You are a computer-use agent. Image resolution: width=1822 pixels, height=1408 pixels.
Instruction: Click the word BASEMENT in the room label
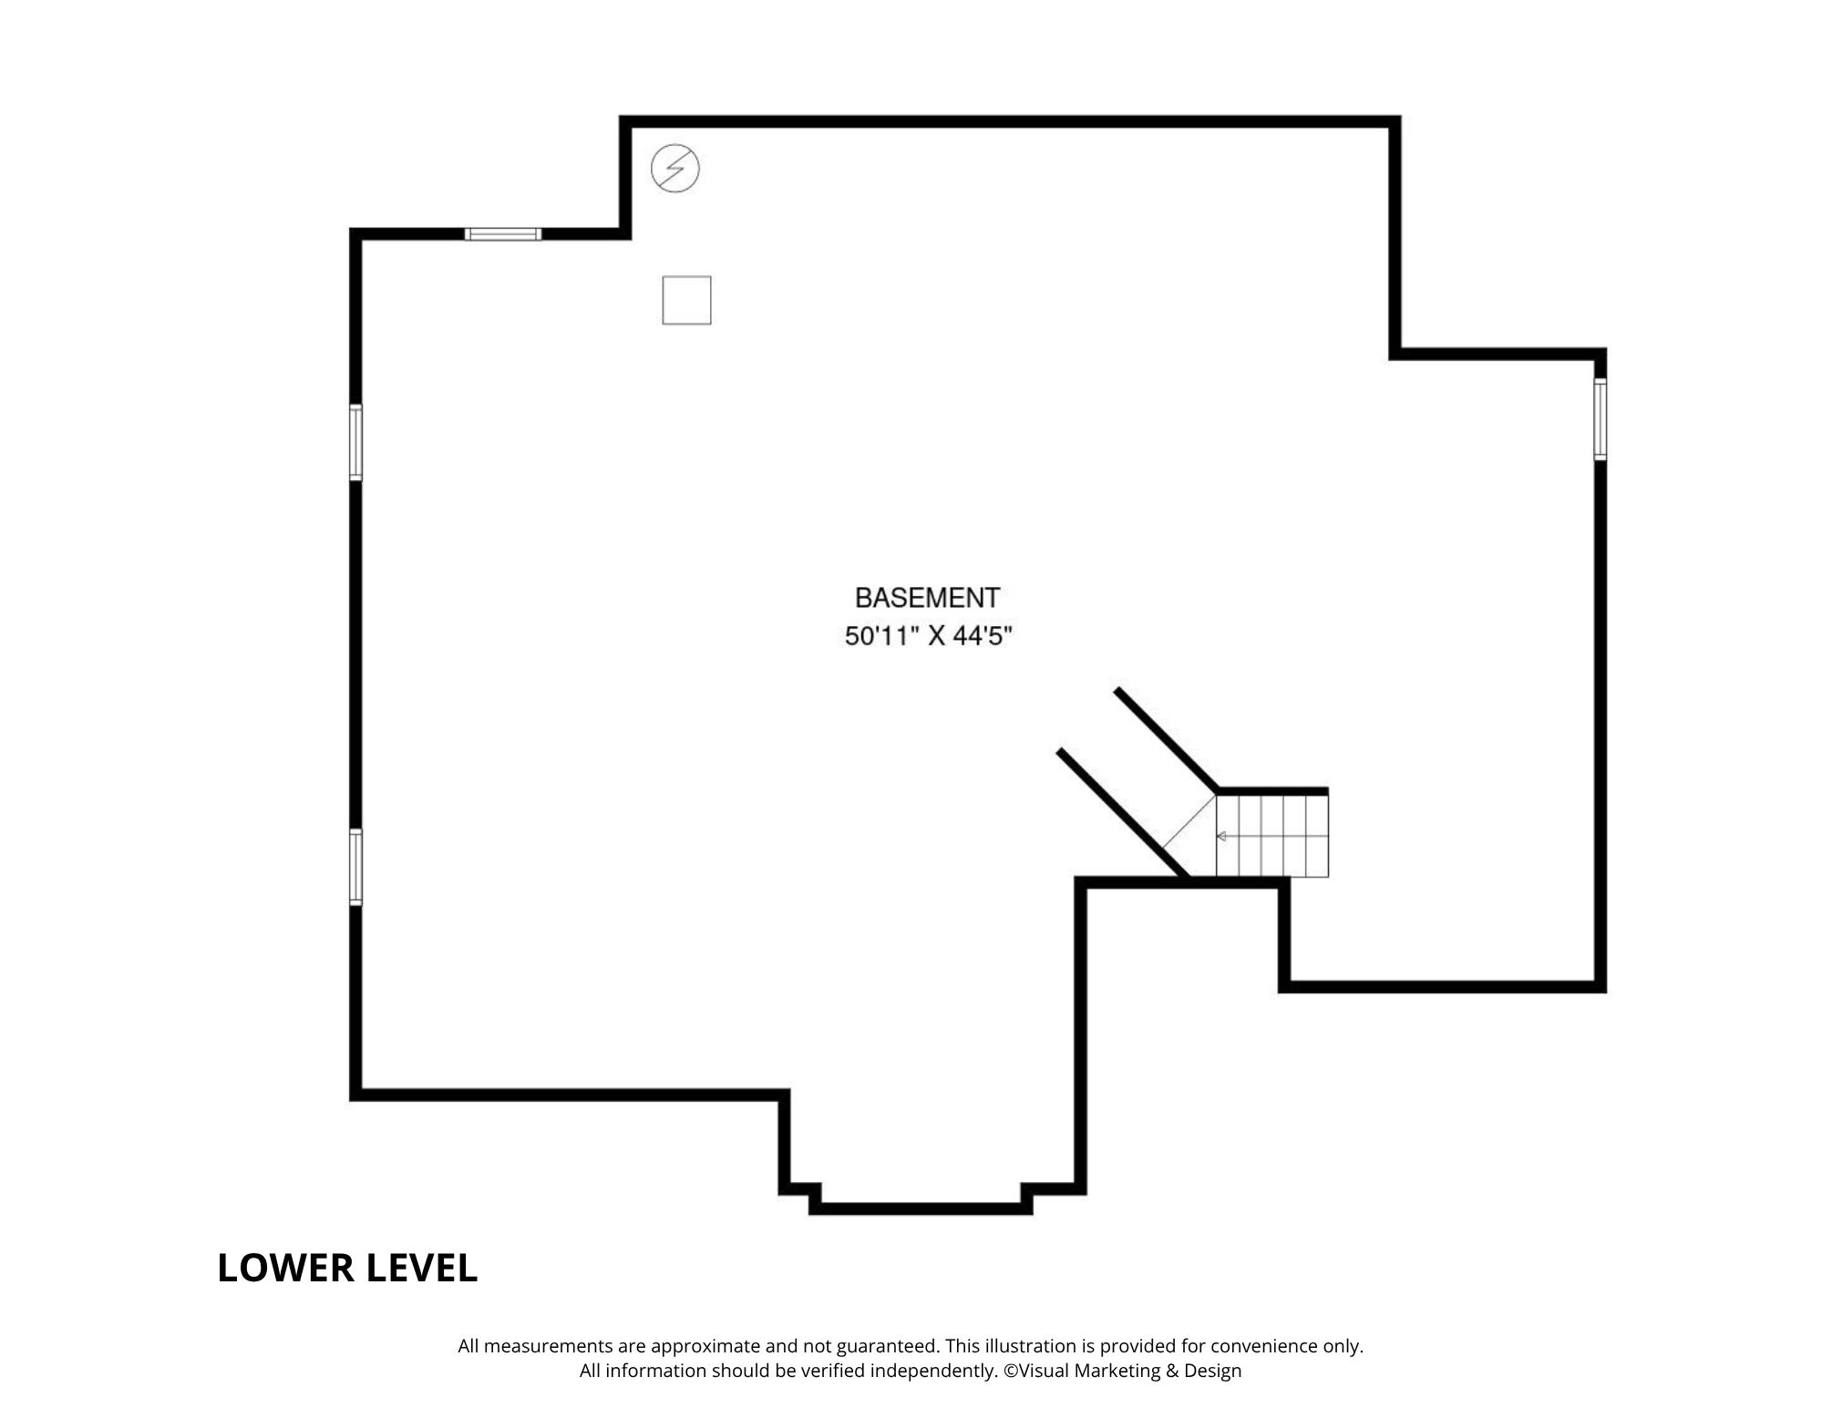tap(927, 598)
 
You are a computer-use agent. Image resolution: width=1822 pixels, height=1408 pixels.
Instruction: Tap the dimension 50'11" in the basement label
tap(879, 636)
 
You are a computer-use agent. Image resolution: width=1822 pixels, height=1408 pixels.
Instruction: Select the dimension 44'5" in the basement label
tap(983, 636)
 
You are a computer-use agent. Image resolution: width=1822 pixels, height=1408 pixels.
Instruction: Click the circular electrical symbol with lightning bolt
tap(675, 169)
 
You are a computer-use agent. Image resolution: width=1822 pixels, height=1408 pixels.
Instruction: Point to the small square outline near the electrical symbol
tap(686, 300)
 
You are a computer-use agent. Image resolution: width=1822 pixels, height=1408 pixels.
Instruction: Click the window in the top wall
tap(503, 234)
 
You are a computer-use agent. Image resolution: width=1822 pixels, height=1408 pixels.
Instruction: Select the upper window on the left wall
tap(356, 442)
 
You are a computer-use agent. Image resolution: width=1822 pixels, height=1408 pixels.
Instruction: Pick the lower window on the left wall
tap(356, 868)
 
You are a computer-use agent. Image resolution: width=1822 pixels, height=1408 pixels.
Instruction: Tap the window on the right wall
tap(1600, 419)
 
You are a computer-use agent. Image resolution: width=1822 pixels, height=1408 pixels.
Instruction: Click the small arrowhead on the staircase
tap(1221, 836)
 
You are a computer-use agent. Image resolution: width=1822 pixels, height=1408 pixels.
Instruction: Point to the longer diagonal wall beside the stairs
tap(1124, 815)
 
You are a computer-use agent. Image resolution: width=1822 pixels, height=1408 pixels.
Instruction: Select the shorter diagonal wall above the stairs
tap(1166, 740)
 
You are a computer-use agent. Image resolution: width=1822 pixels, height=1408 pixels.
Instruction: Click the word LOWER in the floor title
tap(285, 1268)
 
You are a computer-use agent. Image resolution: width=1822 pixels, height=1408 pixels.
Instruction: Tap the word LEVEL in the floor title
tap(422, 1268)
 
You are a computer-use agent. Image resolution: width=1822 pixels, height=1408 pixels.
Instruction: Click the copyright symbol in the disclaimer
tap(1011, 1371)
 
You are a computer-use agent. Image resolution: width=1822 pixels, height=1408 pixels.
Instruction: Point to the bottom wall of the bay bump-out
tap(921, 1208)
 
